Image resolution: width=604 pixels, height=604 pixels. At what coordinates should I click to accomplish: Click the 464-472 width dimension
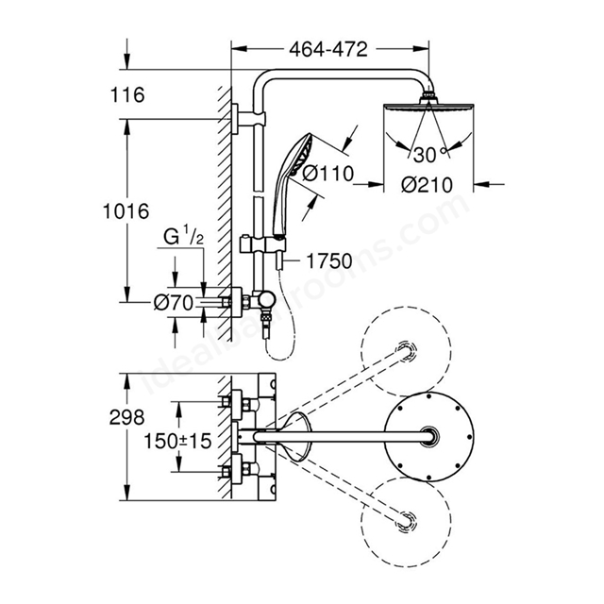(x=328, y=49)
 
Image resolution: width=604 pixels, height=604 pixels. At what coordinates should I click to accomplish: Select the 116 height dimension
(x=127, y=94)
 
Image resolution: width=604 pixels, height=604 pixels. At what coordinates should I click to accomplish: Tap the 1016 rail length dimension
(x=126, y=211)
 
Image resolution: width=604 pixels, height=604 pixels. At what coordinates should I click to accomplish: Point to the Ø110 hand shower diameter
(x=327, y=174)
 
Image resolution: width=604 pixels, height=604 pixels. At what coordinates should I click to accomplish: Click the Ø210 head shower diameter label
(x=427, y=185)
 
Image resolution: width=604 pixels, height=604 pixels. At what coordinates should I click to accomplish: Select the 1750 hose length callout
(x=329, y=261)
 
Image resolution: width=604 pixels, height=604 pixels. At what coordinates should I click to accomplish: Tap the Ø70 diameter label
(x=174, y=303)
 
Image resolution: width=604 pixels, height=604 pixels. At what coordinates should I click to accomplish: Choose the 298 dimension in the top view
(x=126, y=417)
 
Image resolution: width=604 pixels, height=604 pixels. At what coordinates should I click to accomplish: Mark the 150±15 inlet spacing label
(x=177, y=441)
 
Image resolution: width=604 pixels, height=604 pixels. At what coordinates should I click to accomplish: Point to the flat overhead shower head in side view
(x=428, y=107)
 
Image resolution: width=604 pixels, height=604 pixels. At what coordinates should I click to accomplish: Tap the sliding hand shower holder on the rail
(x=262, y=243)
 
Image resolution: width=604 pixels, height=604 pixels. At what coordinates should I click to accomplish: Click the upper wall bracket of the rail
(x=249, y=119)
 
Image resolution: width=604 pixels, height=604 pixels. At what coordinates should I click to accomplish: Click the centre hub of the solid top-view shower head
(x=429, y=436)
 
